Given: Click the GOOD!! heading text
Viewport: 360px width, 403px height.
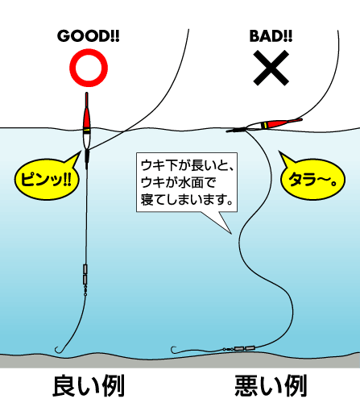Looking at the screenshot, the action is point(89,36).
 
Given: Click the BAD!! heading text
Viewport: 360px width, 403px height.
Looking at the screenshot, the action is point(271,36).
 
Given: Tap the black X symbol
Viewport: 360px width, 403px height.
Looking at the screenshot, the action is point(271,68).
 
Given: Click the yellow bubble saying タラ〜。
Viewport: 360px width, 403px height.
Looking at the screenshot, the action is point(312,179).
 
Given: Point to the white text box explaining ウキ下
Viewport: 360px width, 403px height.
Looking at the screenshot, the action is point(187,182).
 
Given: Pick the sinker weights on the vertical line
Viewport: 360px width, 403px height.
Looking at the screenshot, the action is point(85,274).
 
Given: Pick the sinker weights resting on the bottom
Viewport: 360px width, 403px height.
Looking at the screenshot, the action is point(244,348).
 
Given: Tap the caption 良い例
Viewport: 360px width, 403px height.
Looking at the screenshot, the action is point(89,386).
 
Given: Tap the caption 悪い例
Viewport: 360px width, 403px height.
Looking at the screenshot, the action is point(271,386).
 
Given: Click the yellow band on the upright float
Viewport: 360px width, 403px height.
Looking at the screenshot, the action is point(87,131).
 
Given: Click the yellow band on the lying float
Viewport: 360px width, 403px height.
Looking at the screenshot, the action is point(264,125).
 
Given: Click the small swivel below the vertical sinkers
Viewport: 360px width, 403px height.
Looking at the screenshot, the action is point(85,290).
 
